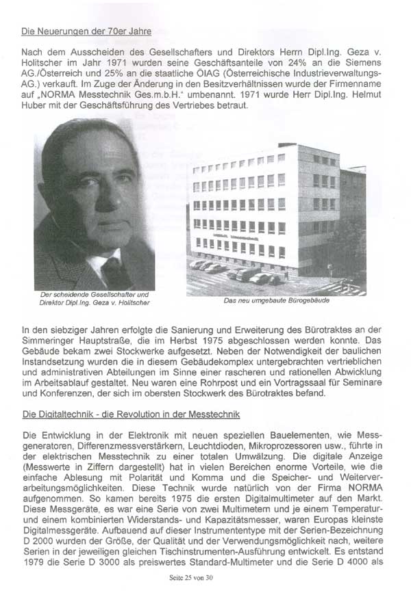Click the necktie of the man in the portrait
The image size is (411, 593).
click(x=114, y=272)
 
